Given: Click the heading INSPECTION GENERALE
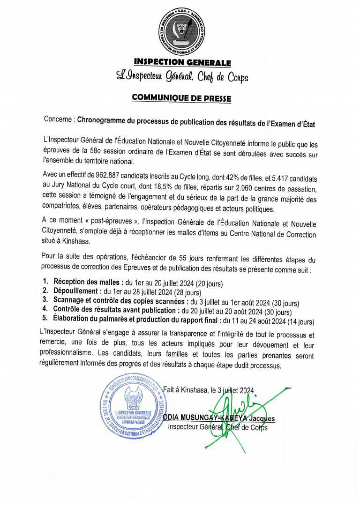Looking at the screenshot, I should pos(182,62).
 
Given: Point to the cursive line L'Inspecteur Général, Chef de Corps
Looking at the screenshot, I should pos(182,77).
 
